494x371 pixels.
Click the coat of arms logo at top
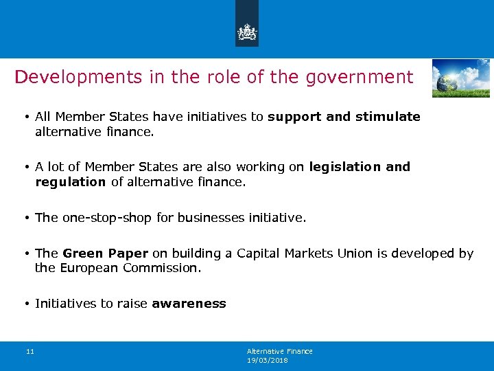[247, 31]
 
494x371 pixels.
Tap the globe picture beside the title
[460, 78]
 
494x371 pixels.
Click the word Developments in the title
[77, 77]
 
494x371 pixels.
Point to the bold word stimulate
[388, 117]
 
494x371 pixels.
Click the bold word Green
[81, 254]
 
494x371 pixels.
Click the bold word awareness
[189, 304]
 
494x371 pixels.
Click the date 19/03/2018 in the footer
[268, 360]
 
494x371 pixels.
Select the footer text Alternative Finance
[279, 351]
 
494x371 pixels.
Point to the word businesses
[207, 218]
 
